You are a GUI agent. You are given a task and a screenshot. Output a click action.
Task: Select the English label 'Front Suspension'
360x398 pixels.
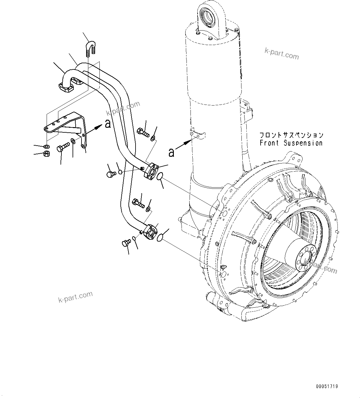tap(291, 143)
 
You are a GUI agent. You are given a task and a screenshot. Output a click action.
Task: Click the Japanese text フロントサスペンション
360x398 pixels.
tap(291, 135)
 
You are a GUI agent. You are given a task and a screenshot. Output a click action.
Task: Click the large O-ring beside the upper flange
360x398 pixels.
tap(159, 177)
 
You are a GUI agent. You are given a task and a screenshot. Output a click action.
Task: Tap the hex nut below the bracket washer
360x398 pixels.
tap(46, 153)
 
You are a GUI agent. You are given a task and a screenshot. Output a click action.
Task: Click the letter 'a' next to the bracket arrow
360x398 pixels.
tap(107, 124)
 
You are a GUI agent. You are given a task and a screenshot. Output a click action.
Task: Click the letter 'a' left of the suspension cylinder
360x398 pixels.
tap(171, 152)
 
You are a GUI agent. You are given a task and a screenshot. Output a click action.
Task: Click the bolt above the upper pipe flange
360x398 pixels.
tap(143, 133)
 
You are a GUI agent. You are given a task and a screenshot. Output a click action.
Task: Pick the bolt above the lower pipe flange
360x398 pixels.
tap(138, 203)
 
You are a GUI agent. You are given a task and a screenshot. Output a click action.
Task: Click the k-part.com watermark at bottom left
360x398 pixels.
tap(75, 297)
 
